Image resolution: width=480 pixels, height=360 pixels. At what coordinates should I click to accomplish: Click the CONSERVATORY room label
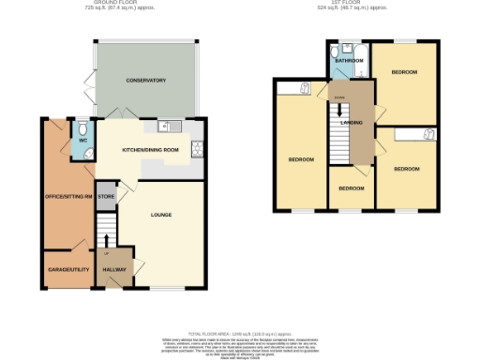[x=146, y=81]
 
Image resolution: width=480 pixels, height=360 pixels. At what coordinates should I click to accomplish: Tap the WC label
[x=83, y=142]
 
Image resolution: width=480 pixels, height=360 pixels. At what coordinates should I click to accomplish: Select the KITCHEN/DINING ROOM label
[x=151, y=150]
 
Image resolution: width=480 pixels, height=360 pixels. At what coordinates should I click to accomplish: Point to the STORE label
[x=106, y=197]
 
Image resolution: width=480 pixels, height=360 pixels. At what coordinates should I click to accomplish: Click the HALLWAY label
[x=113, y=269]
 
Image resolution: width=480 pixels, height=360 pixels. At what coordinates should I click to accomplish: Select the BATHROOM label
[x=350, y=61]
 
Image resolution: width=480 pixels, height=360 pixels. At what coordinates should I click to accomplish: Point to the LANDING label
[x=352, y=122]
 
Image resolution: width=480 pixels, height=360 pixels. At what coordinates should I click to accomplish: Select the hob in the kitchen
[x=196, y=148]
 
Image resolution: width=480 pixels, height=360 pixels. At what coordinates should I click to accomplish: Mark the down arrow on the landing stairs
[x=339, y=109]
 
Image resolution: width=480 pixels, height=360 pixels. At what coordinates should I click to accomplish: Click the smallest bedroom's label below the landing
[x=351, y=188]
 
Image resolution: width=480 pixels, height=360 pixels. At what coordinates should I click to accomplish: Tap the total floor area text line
[x=239, y=334]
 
